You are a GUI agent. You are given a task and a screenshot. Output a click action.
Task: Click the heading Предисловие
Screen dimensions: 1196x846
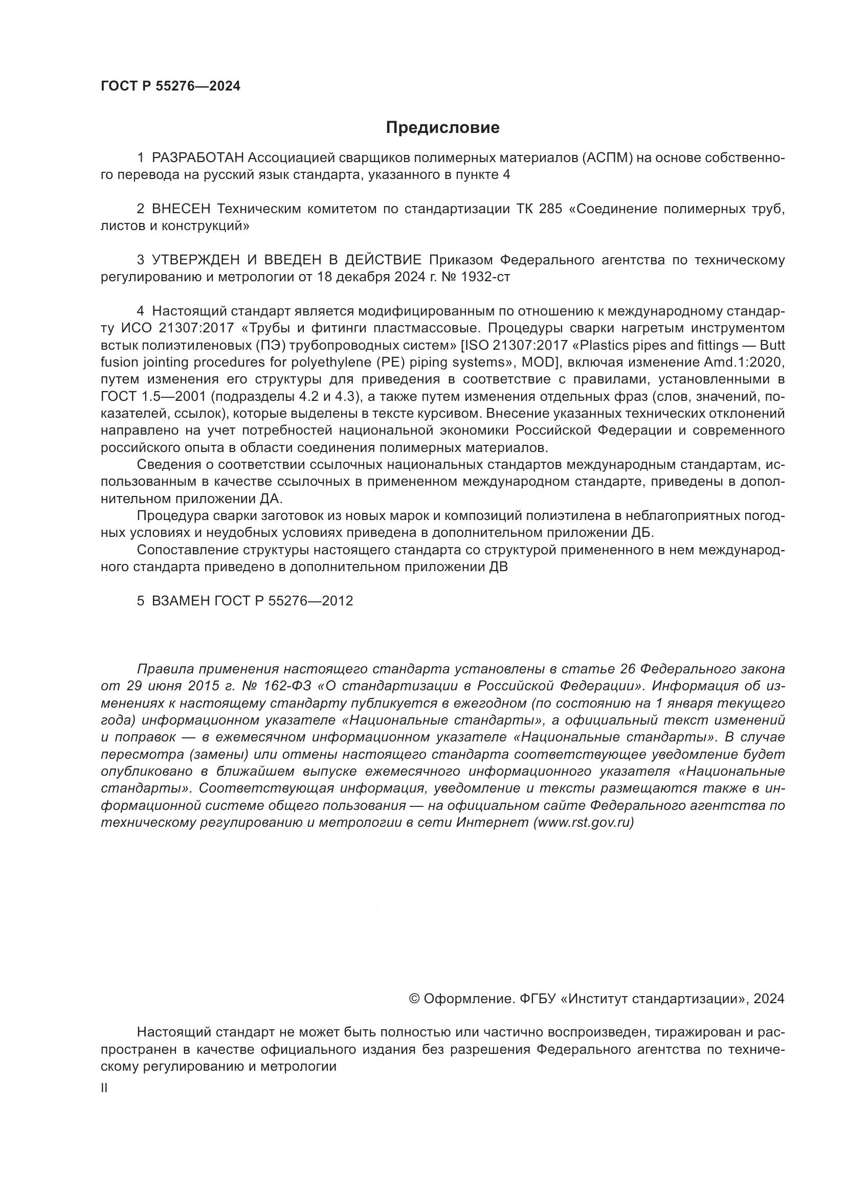pyautogui.click(x=442, y=128)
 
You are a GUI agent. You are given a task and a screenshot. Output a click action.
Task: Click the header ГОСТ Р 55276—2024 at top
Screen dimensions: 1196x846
pyautogui.click(x=170, y=86)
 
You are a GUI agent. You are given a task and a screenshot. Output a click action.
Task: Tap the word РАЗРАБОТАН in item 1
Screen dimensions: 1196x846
pyautogui.click(x=197, y=158)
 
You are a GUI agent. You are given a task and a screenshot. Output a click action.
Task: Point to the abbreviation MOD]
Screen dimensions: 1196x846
pyautogui.click(x=541, y=363)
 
